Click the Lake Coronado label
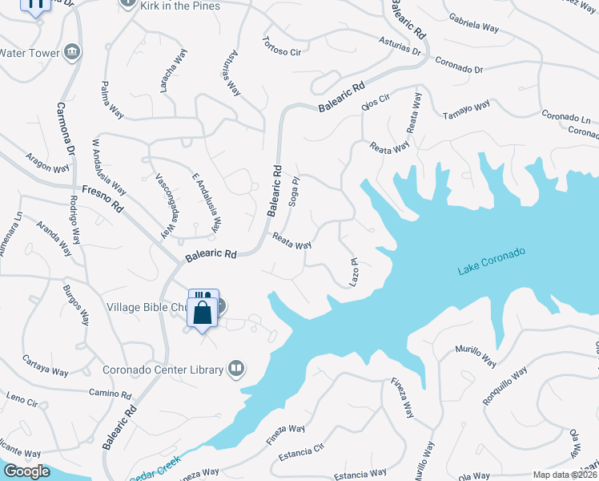[492, 262]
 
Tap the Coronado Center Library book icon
[235, 369]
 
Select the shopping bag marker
[203, 312]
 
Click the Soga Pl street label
[294, 192]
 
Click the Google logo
[26, 471]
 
